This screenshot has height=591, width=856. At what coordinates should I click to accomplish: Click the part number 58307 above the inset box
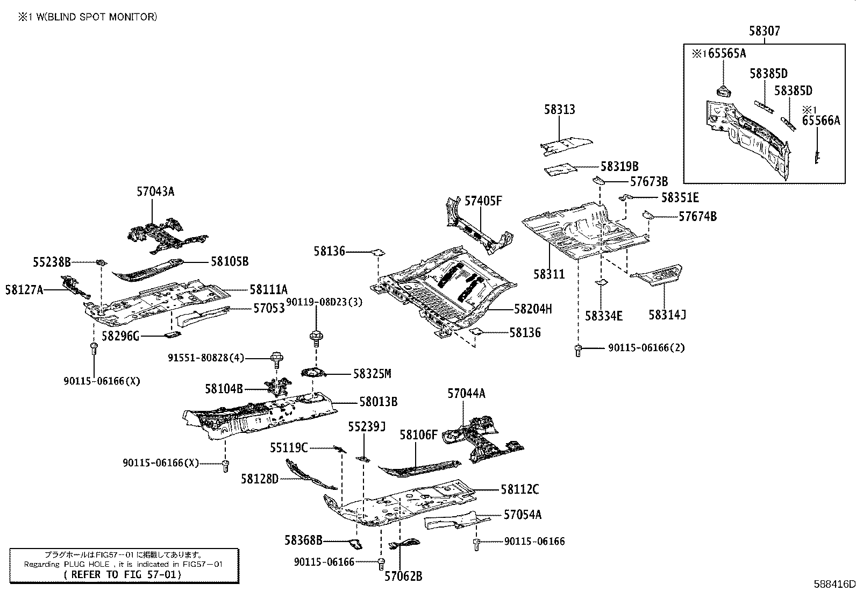point(764,31)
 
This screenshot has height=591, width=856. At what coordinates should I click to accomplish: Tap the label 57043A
point(155,191)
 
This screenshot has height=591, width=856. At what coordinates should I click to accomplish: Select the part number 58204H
point(533,309)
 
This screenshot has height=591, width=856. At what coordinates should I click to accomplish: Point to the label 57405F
point(483,201)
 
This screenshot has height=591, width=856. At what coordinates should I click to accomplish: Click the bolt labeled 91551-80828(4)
point(276,360)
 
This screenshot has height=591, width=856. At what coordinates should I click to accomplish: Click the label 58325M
point(372,374)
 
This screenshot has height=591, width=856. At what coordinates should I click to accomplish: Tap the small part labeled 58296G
point(173,335)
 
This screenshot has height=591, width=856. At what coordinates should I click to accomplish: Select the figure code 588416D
point(834,584)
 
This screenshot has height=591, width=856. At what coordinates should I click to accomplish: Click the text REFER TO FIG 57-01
point(122,574)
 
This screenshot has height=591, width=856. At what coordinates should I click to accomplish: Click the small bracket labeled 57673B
point(598,180)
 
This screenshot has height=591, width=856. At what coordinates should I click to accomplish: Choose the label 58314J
point(667,315)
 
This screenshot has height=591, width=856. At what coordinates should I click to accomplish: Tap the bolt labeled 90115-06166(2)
point(578,351)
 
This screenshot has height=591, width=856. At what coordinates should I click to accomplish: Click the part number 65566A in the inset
point(821,120)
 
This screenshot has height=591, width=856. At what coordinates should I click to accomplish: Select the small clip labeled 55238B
point(101,262)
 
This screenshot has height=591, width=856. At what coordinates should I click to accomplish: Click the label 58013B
point(379,402)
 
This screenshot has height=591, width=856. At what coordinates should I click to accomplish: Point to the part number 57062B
point(403,576)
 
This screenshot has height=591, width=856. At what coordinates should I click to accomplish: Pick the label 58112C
point(520,489)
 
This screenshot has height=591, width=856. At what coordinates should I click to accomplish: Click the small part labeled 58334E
point(601,282)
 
